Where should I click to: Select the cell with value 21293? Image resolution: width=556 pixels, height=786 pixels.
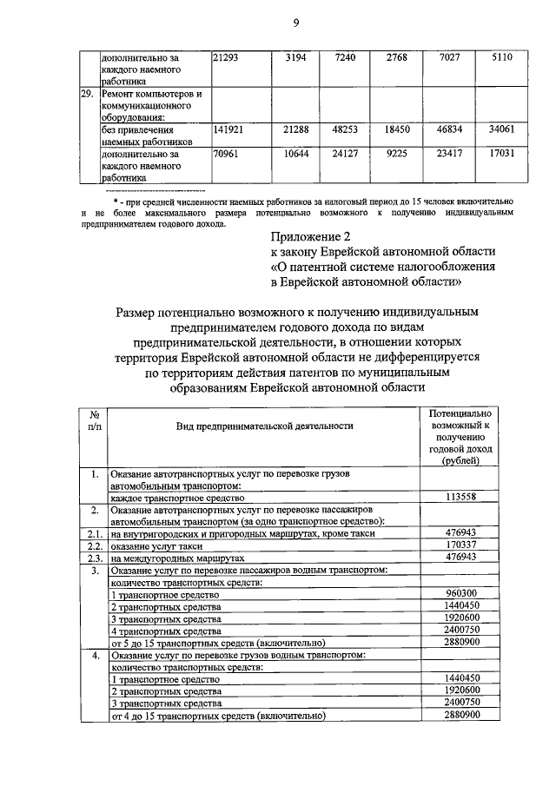[x=228, y=56]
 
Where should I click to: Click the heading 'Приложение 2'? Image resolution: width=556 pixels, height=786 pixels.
[x=312, y=236]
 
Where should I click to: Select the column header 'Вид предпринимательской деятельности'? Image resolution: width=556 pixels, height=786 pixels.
[x=264, y=426]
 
